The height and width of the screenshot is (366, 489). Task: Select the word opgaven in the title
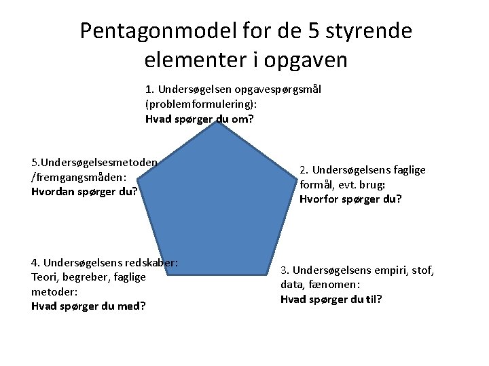pyautogui.click(x=305, y=60)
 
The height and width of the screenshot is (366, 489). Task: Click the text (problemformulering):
pyautogui.click(x=201, y=104)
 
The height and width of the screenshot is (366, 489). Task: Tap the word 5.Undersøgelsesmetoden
pyautogui.click(x=94, y=163)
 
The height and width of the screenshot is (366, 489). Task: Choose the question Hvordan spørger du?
pyautogui.click(x=84, y=192)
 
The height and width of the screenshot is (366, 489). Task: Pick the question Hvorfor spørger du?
pyautogui.click(x=350, y=199)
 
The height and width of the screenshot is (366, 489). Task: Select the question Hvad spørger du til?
pyautogui.click(x=331, y=300)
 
